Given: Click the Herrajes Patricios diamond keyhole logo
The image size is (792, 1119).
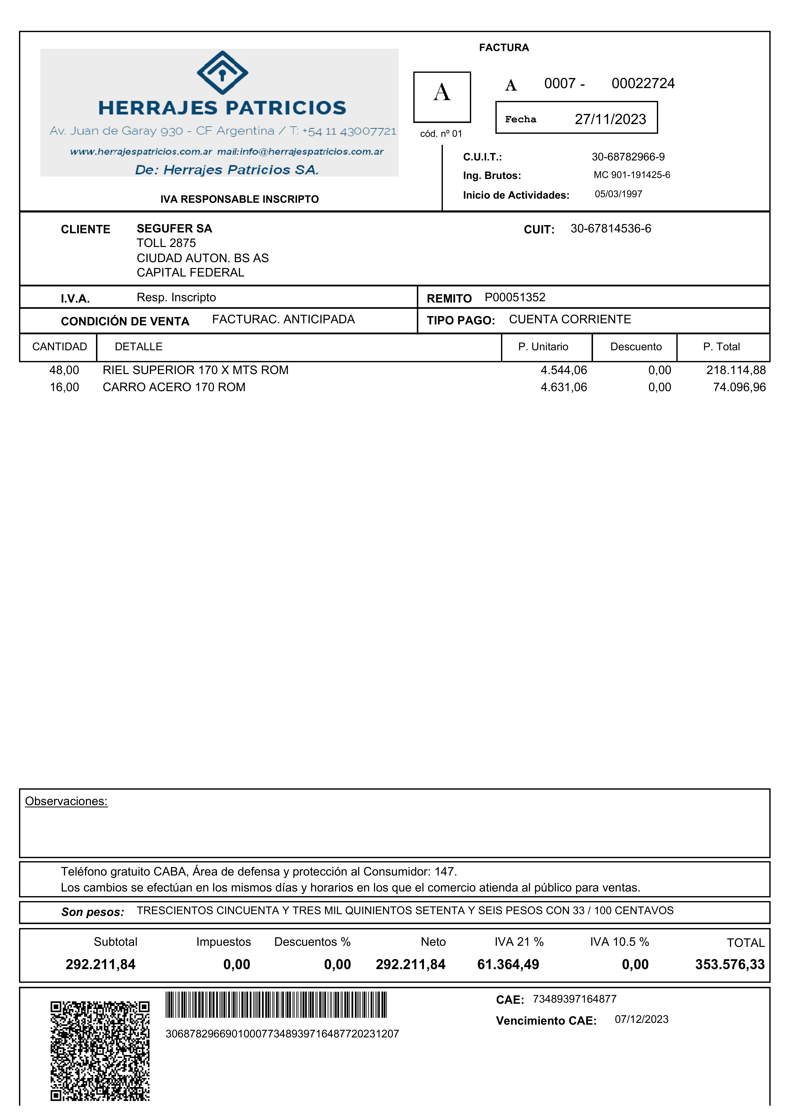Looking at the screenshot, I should [222, 73].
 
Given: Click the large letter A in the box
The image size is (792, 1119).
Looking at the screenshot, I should [442, 93].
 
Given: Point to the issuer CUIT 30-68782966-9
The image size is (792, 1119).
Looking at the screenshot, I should [628, 157].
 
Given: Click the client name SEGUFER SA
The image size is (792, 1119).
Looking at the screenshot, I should [174, 229].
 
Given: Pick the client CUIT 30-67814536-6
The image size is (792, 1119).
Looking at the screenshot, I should [611, 229].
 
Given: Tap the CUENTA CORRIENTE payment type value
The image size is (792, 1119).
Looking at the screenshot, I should [570, 319].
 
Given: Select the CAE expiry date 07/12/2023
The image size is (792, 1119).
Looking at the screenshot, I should [641, 1019].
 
